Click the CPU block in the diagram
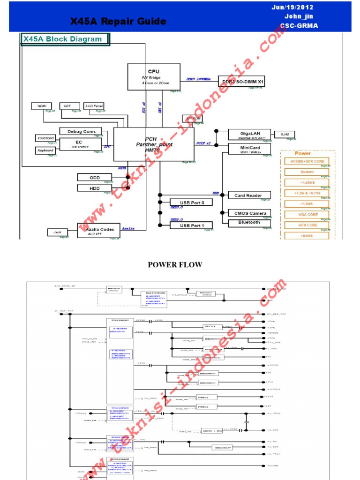154,77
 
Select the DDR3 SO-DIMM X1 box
244,82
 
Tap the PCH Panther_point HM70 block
154,144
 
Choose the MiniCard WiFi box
250,149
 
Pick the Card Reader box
248,195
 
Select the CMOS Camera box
250,213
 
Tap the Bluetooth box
249,222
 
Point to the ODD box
95,177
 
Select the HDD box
95,187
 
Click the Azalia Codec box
98,230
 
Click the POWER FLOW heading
175,265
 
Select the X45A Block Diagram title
64,39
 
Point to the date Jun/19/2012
292,7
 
